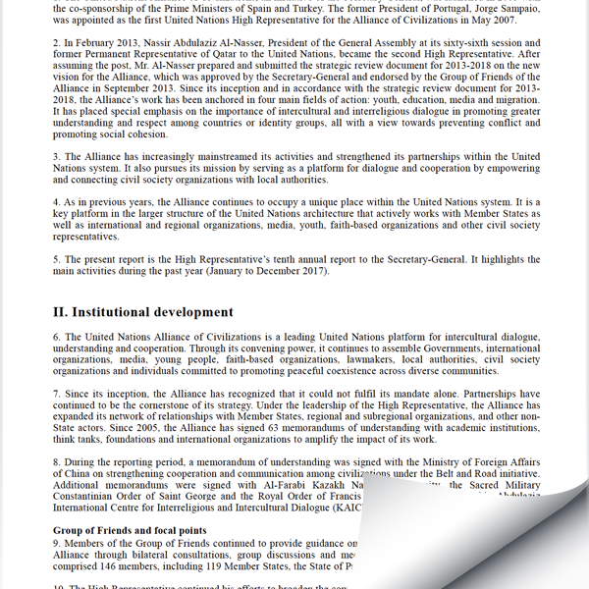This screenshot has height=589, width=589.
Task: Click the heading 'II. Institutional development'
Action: (x=142, y=312)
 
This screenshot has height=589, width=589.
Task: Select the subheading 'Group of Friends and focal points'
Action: (x=129, y=530)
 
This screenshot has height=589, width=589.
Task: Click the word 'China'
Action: (x=81, y=473)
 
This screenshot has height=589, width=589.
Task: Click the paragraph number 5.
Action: (x=57, y=259)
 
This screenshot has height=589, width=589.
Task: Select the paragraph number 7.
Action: (x=57, y=393)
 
